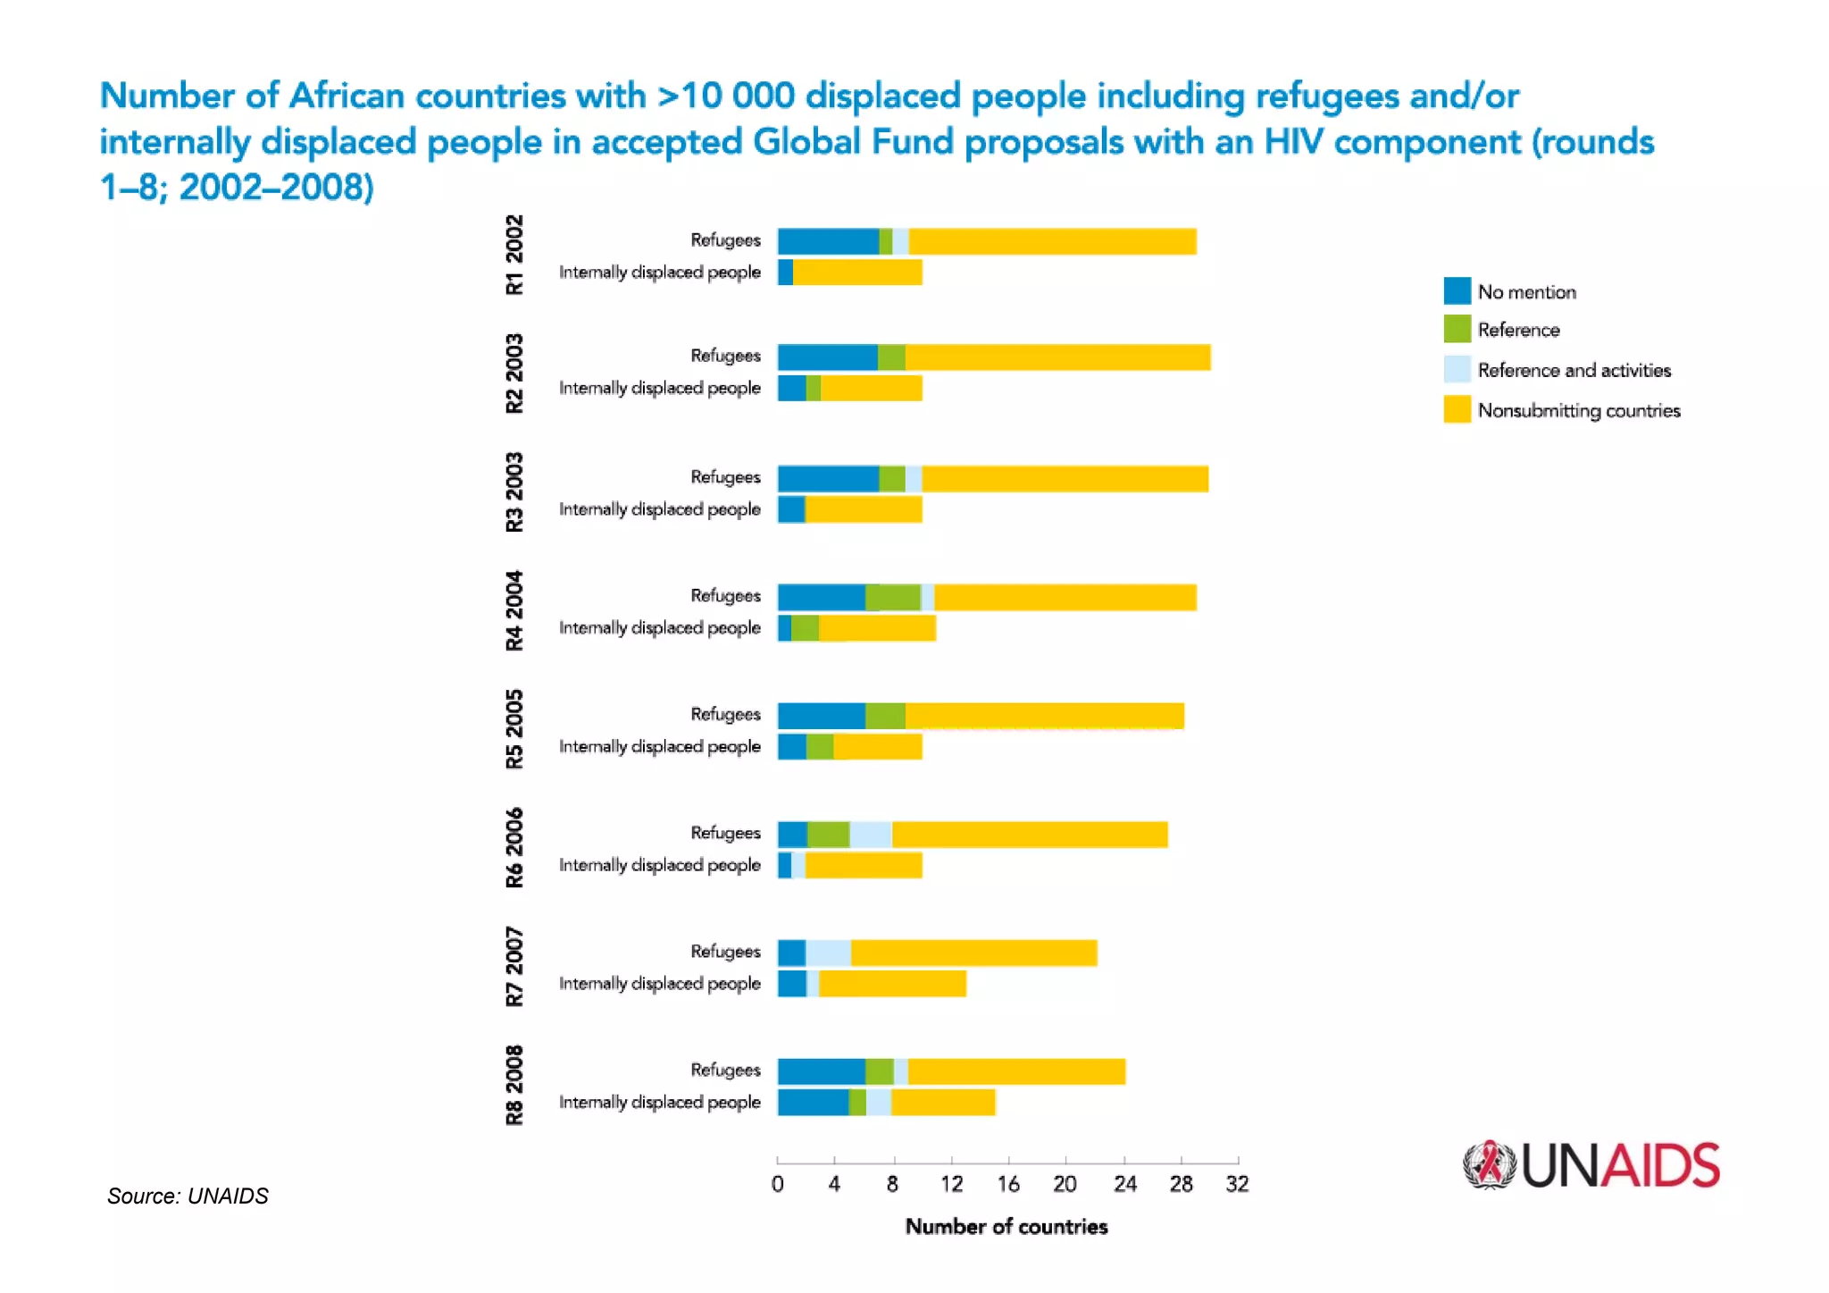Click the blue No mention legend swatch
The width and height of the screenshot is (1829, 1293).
[1457, 290]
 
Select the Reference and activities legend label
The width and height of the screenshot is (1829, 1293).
[1574, 370]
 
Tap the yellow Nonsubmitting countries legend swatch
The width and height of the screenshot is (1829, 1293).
[1457, 409]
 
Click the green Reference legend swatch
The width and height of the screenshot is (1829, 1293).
[1457, 329]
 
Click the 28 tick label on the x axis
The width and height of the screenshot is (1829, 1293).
[1181, 1183]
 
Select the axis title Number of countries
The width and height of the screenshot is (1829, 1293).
[1006, 1226]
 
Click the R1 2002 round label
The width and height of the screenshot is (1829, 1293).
[514, 255]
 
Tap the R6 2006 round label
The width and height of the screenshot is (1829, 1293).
[514, 848]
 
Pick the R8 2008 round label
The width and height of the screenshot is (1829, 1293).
[514, 1085]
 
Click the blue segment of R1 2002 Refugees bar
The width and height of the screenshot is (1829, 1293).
[828, 241]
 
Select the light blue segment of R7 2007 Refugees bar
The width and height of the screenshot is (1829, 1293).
[828, 953]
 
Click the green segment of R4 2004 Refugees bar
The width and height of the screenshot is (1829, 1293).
[892, 597]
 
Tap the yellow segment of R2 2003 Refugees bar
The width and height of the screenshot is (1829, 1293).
[1057, 357]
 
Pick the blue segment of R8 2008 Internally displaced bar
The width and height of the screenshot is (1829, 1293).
[813, 1102]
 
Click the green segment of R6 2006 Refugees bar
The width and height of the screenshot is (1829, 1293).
[828, 834]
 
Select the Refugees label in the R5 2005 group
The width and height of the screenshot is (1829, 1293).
[725, 714]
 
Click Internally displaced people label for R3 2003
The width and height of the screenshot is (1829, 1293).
[659, 508]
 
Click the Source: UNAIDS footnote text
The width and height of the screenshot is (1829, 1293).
[188, 1196]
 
